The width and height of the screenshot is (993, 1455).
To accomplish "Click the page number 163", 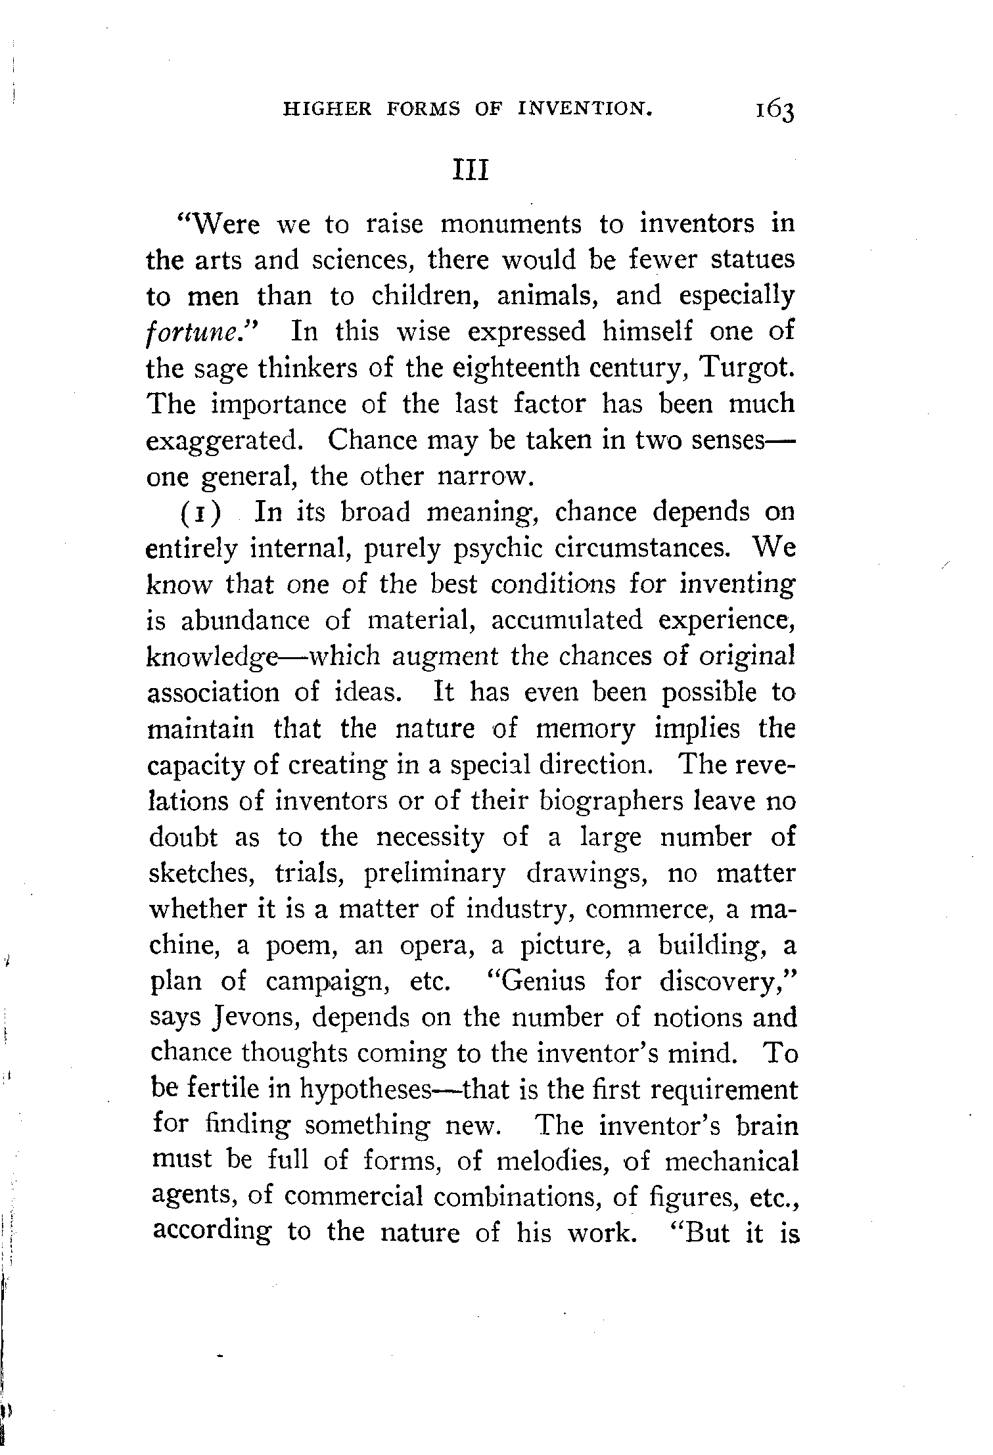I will coord(775,110).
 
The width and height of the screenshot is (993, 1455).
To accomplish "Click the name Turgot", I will coord(748,367).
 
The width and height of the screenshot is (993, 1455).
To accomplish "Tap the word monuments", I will coord(511,224).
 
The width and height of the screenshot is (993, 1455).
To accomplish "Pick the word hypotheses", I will coord(365,1090).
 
